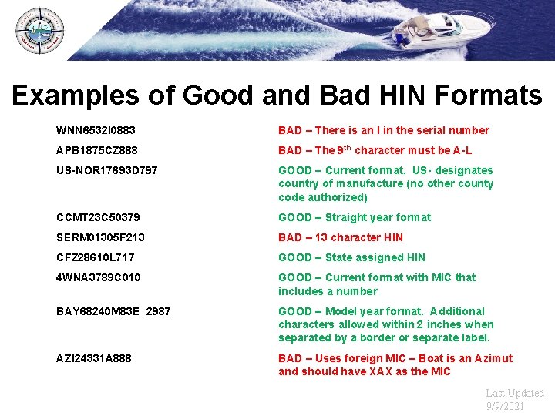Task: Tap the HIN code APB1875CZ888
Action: [98, 150]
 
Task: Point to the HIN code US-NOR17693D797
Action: [107, 170]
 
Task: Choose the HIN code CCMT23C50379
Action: [99, 217]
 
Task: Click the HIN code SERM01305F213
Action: [101, 237]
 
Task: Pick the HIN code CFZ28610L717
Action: [96, 257]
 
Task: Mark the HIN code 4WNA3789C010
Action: [99, 277]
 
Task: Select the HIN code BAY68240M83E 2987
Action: [114, 311]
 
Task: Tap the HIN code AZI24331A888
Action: [94, 358]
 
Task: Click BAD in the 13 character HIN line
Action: [291, 237]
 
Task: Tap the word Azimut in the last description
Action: [493, 358]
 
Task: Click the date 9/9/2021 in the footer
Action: [506, 406]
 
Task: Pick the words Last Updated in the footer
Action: [514, 393]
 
